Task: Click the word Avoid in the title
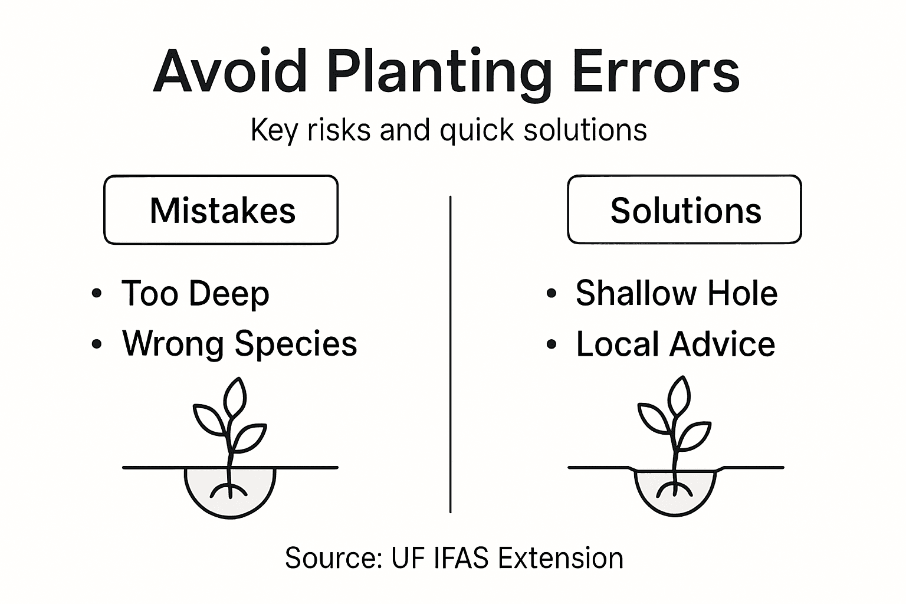pyautogui.click(x=230, y=71)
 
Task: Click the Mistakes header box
pyautogui.click(x=221, y=210)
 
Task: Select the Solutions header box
pyautogui.click(x=685, y=210)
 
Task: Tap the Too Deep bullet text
pyautogui.click(x=195, y=294)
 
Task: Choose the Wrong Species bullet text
pyautogui.click(x=239, y=344)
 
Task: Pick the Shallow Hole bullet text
pyautogui.click(x=677, y=293)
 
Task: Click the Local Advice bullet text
pyautogui.click(x=675, y=344)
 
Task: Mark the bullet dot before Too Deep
pyautogui.click(x=97, y=293)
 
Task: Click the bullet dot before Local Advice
pyautogui.click(x=552, y=344)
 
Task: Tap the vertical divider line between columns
pyautogui.click(x=450, y=354)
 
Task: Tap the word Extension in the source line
pyautogui.click(x=560, y=558)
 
